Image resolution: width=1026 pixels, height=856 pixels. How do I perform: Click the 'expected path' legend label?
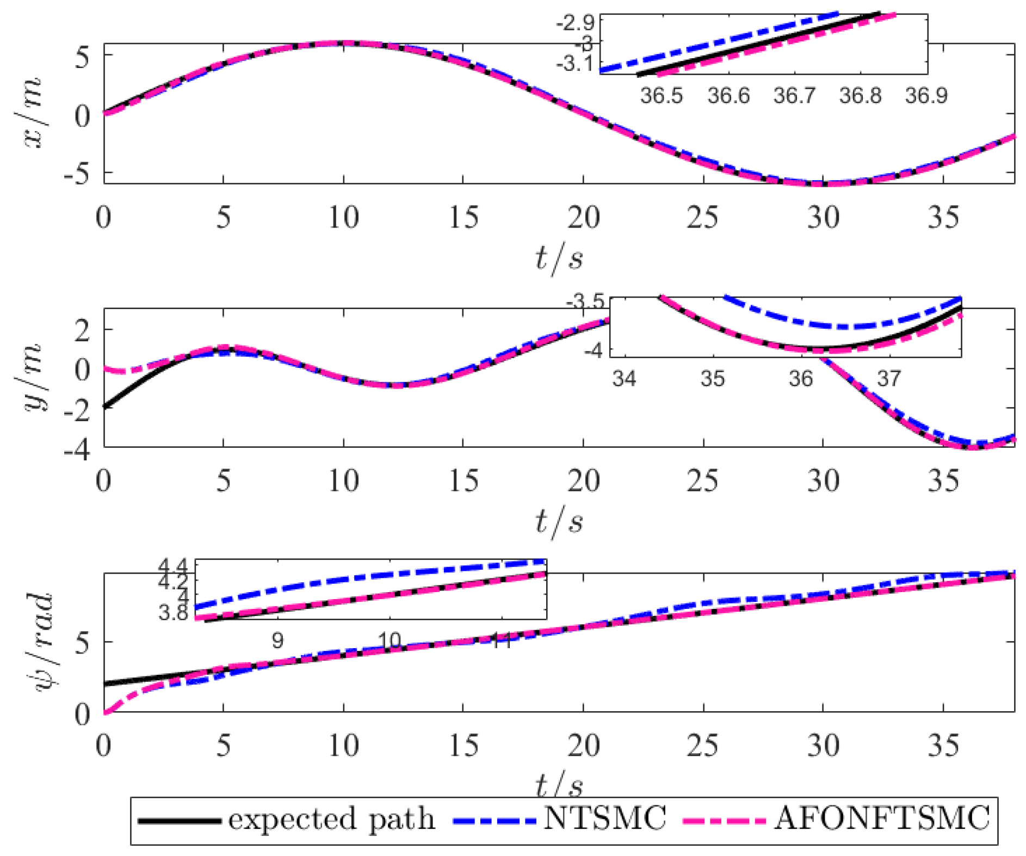[331, 820]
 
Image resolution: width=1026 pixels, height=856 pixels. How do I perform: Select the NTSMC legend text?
[605, 818]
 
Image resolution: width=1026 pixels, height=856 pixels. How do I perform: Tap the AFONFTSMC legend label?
[882, 818]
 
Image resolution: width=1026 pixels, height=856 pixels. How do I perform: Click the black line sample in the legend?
[179, 821]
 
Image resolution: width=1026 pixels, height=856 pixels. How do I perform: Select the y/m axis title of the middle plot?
[34, 377]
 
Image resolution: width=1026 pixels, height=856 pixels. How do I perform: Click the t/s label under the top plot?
[559, 257]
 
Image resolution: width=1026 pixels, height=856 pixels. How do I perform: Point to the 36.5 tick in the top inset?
[661, 96]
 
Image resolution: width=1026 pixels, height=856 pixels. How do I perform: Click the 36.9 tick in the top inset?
[926, 96]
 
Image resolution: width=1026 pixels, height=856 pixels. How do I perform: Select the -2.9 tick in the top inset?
[575, 23]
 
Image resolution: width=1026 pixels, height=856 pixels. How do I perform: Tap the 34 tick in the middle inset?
[624, 378]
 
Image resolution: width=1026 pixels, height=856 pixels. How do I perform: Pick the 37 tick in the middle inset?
[889, 378]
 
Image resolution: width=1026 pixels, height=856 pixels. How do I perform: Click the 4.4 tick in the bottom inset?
[172, 566]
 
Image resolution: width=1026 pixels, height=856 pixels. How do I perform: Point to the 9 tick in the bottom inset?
[277, 641]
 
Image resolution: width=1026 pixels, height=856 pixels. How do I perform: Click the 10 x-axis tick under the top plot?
[343, 218]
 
